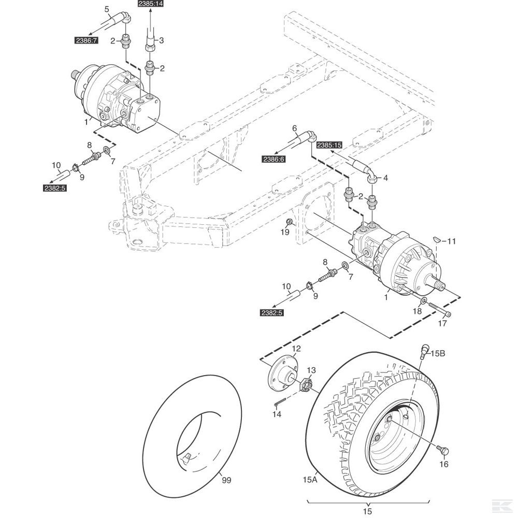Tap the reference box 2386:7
(x=86, y=39)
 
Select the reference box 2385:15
(x=329, y=146)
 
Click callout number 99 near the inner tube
(x=226, y=481)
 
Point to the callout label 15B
(x=438, y=354)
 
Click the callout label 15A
(x=309, y=480)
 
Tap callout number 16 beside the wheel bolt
(x=444, y=464)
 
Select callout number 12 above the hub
(x=296, y=348)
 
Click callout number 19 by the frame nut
(x=285, y=233)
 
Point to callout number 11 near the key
(x=452, y=241)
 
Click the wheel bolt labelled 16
(x=442, y=449)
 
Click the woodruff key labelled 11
(x=437, y=239)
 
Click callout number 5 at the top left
(x=107, y=9)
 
